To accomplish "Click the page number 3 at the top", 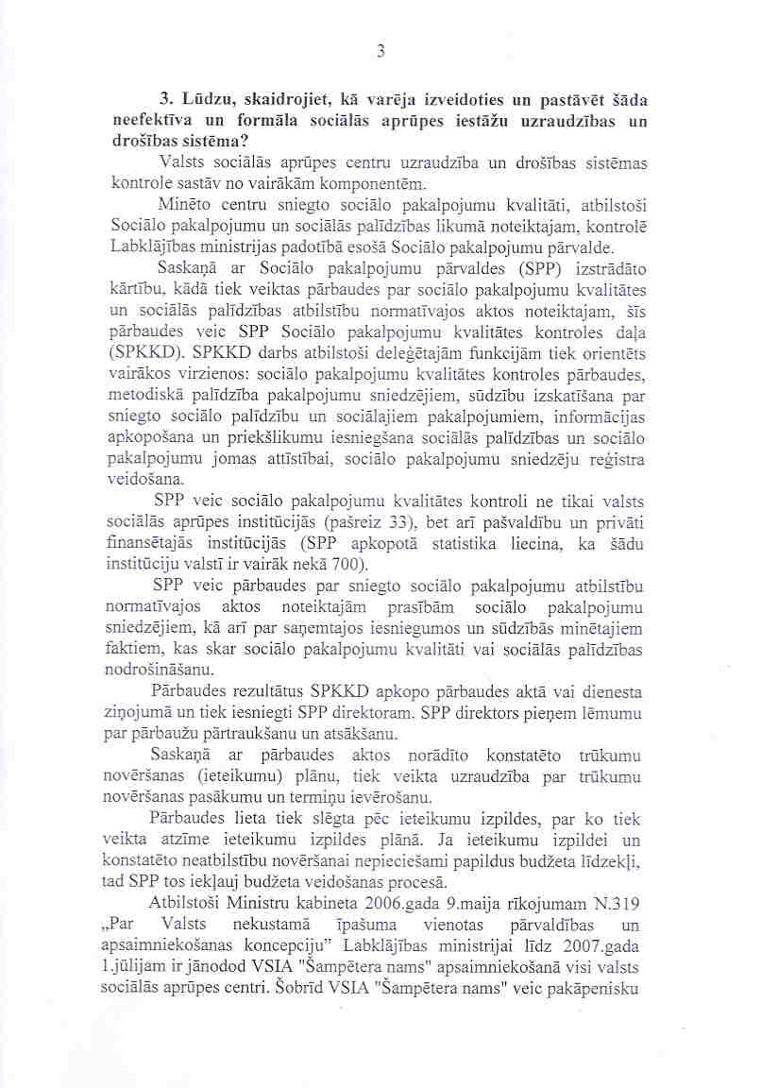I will pyautogui.click(x=380, y=52).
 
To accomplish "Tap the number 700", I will pyautogui.click(x=347, y=566).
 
